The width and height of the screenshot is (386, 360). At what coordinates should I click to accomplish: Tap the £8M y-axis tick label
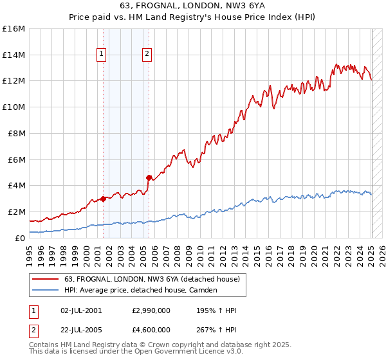pos(16,133)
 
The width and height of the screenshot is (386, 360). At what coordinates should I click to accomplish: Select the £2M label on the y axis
pos(16,212)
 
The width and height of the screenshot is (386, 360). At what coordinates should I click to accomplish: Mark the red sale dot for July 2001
pos(103,199)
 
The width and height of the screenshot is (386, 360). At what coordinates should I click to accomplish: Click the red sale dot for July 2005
pos(149,177)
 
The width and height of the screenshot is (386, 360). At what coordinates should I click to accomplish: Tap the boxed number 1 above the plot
pos(102,55)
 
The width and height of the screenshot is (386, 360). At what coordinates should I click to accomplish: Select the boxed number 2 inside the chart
pos(147,55)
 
